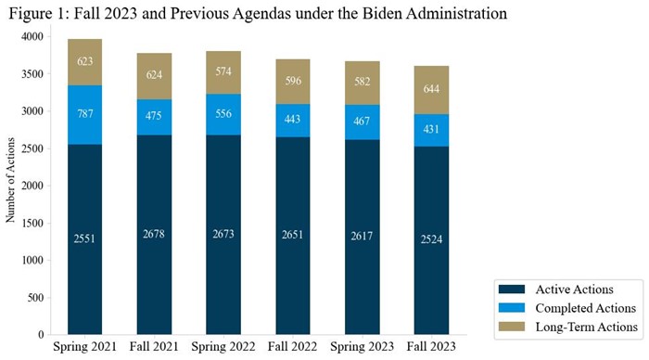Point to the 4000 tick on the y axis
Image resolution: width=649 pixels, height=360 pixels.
(32, 36)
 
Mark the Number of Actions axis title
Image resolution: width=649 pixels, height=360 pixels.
(11, 176)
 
